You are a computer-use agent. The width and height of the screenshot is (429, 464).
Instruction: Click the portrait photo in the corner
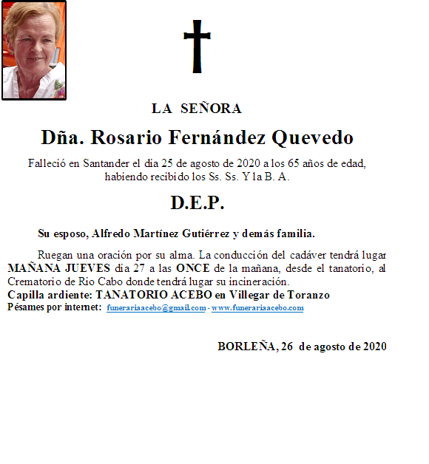pyautogui.click(x=34, y=50)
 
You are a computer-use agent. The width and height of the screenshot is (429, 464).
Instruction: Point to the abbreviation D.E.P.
pyautogui.click(x=197, y=202)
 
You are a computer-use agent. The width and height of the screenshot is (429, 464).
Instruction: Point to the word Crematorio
pyautogui.click(x=35, y=282)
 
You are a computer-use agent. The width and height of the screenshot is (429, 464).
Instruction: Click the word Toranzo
pyautogui.click(x=305, y=295)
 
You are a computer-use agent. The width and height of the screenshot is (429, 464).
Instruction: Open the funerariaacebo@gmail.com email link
pyautogui.click(x=156, y=308)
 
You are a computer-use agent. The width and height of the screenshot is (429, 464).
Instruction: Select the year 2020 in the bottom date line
pyautogui.click(x=373, y=346)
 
